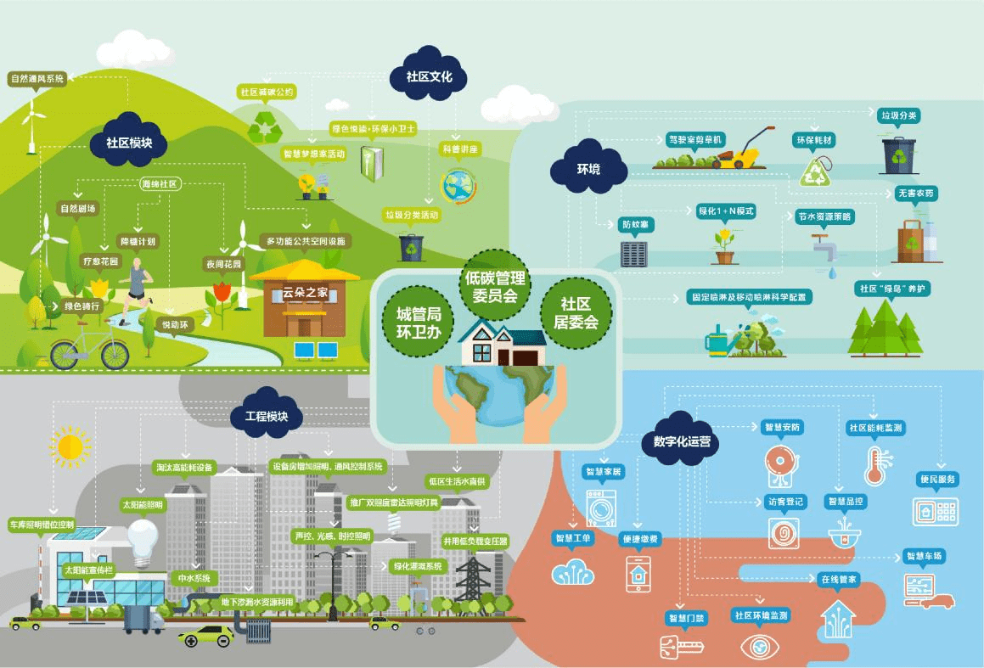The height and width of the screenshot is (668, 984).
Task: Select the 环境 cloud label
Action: (588, 169)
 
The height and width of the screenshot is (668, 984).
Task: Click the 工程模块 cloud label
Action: (260, 417)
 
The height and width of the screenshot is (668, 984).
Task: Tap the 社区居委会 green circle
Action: (576, 312)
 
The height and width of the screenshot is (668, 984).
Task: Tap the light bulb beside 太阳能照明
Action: (144, 537)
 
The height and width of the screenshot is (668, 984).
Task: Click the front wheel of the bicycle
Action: (114, 353)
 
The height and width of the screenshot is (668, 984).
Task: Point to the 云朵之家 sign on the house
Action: (305, 294)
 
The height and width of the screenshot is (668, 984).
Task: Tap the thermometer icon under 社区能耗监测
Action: (874, 465)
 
